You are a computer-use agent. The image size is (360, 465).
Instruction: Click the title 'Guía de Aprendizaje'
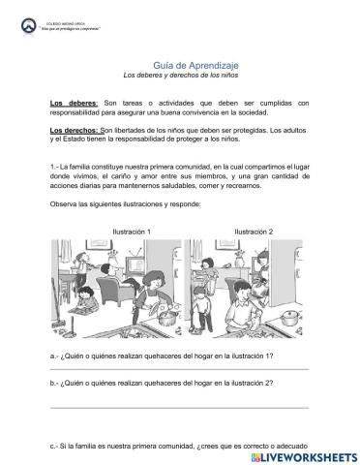point(180,63)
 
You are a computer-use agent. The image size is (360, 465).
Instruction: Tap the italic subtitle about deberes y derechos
point(180,75)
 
